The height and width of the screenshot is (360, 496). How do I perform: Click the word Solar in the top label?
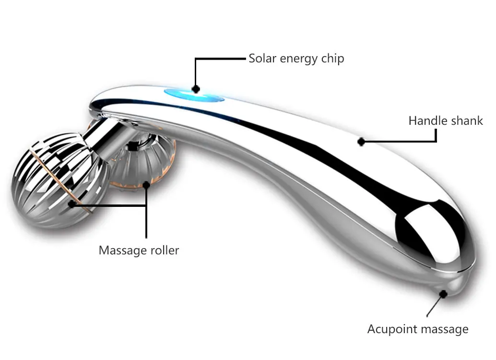click(262, 59)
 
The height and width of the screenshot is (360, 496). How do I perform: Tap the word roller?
click(164, 250)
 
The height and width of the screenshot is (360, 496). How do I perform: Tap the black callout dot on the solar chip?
click(195, 89)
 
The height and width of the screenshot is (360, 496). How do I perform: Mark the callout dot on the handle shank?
click(361, 142)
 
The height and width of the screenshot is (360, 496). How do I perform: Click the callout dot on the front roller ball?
click(71, 204)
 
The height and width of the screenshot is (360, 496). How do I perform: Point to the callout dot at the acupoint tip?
click(444, 294)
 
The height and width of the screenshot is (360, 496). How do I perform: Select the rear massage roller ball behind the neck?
click(144, 163)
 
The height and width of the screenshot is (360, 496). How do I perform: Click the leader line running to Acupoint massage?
click(436, 305)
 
